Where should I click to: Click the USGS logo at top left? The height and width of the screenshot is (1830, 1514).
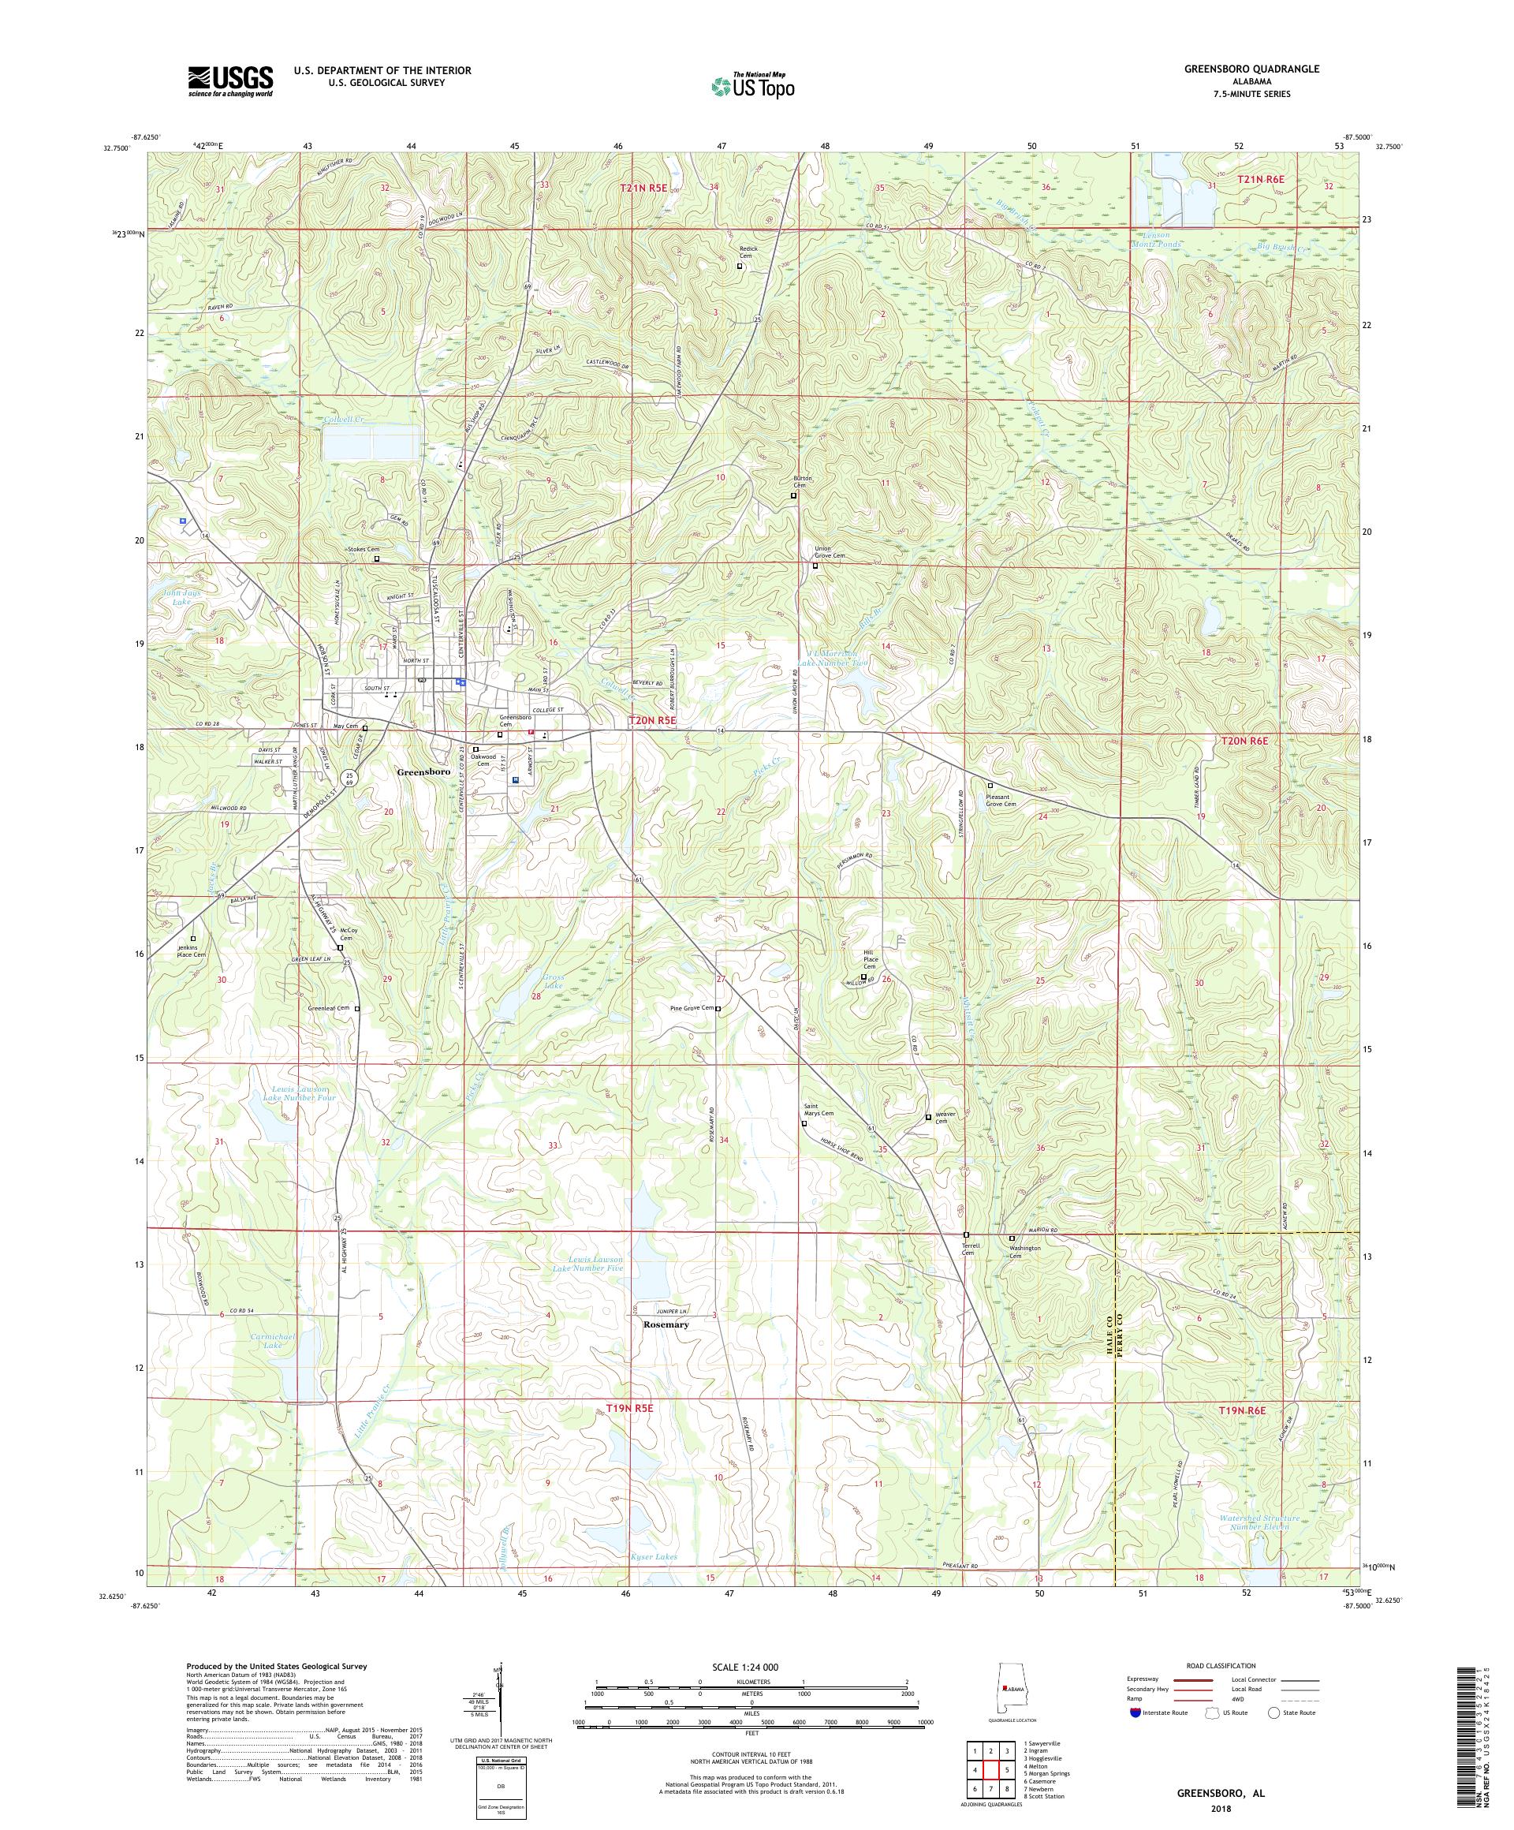tap(230, 81)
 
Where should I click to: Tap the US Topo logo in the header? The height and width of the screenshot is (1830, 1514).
tap(752, 84)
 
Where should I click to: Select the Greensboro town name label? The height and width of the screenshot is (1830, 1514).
tap(423, 772)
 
